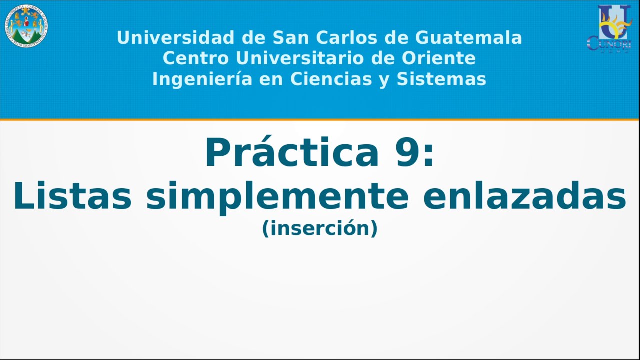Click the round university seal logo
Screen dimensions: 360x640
(x=26, y=26)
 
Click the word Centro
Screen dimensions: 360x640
(x=196, y=58)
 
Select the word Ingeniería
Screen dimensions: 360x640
(x=202, y=79)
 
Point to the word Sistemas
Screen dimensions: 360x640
(x=441, y=79)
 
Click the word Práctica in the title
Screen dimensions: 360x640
(x=292, y=153)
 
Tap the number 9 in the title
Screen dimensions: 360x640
(x=408, y=153)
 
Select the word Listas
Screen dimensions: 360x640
(x=72, y=196)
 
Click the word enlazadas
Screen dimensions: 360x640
(x=524, y=196)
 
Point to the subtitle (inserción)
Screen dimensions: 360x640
(x=320, y=228)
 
